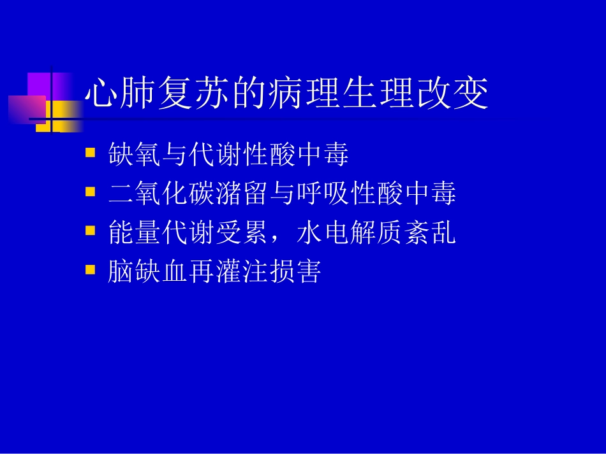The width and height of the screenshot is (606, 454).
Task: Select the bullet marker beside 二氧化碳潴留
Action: [90, 191]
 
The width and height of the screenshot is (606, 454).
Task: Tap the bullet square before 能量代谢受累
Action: [90, 230]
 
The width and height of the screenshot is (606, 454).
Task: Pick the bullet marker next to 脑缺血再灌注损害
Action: [90, 269]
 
